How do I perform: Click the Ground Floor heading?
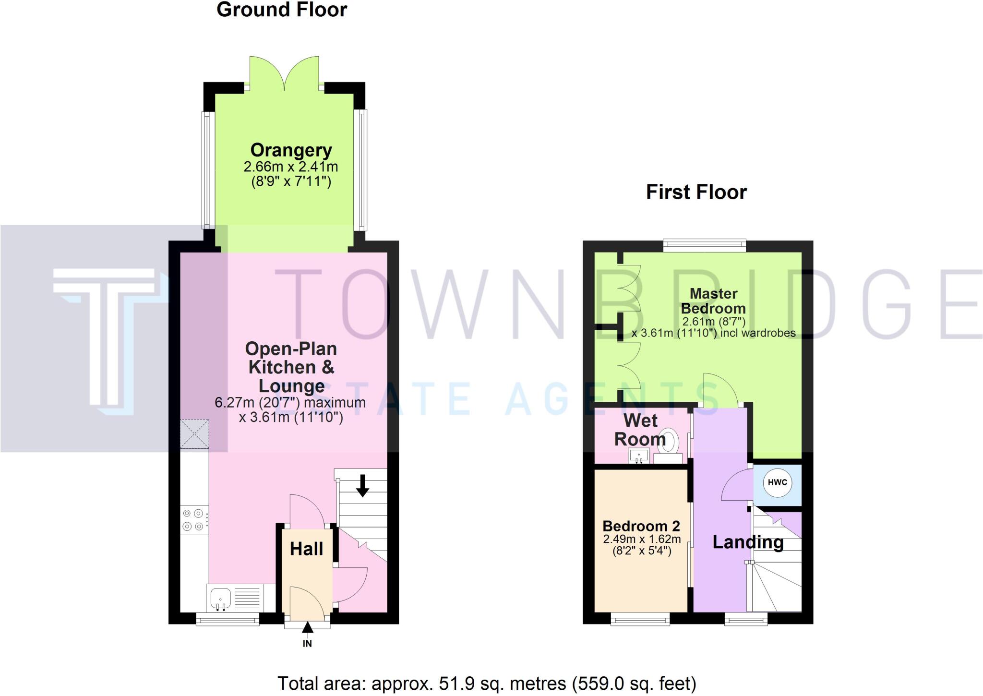(x=282, y=10)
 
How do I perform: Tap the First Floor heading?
(x=696, y=192)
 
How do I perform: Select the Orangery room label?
(x=291, y=150)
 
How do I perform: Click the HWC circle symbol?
(x=777, y=482)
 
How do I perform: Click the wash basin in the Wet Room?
(x=639, y=456)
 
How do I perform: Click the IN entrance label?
(x=307, y=644)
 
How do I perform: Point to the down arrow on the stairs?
(x=362, y=485)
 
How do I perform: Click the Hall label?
(x=306, y=549)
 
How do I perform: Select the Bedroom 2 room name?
(x=641, y=526)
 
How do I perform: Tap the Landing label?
(x=747, y=542)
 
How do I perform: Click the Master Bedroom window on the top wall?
(x=705, y=246)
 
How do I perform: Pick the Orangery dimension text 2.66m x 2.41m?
(x=291, y=167)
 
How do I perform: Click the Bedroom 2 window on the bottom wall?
(x=640, y=621)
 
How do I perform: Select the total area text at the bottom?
(x=487, y=683)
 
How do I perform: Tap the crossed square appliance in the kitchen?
(x=194, y=433)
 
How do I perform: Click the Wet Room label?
(x=640, y=430)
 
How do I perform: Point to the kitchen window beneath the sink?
(x=228, y=620)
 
